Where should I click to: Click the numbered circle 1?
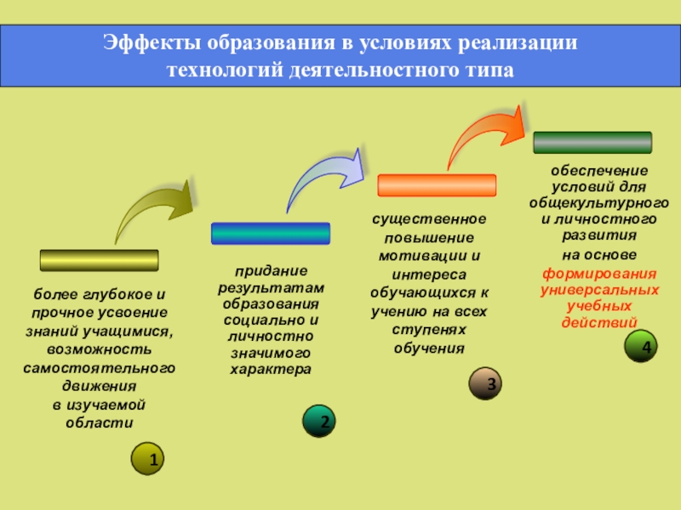tap(148, 458)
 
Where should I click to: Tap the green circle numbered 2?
tap(319, 422)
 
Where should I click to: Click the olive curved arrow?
tap(153, 211)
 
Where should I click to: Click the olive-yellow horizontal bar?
tap(100, 260)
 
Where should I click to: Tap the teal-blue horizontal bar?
tap(270, 233)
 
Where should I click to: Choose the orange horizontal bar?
tap(436, 185)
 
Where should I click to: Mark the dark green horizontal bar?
tap(592, 142)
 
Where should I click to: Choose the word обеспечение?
tap(599, 171)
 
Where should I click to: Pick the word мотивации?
tap(424, 255)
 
